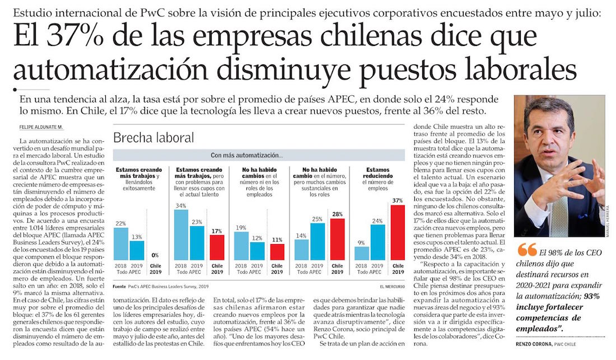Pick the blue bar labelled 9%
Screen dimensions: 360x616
pos(362,253)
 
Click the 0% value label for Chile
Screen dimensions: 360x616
pos(155,255)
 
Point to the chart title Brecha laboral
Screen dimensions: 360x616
pos(153,137)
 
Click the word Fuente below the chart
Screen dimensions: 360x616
pos(119,286)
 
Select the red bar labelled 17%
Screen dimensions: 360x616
pos(216,247)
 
